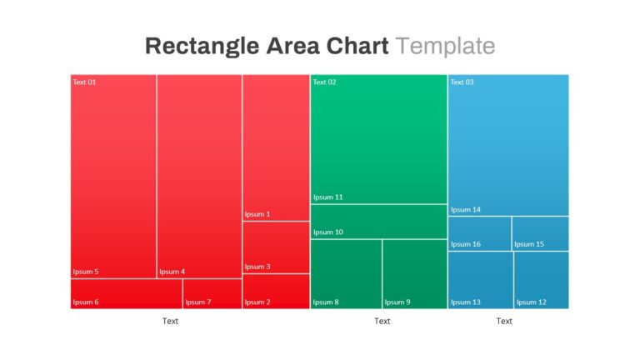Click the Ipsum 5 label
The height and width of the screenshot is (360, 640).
pos(86,272)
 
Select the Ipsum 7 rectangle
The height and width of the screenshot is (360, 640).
pos(212,294)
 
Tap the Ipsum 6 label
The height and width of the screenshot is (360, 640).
pos(86,302)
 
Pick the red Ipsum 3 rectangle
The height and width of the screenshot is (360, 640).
pos(276,247)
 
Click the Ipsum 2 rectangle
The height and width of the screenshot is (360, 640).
pos(276,292)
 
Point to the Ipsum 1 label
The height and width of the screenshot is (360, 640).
pos(257,214)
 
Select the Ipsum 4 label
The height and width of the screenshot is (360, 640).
pos(172,272)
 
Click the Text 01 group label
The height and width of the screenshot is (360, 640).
pos(84,82)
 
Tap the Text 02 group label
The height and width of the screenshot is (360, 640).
pos(324,82)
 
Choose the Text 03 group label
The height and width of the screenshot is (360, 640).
pos(462,82)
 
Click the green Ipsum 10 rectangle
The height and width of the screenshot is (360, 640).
pos(379,222)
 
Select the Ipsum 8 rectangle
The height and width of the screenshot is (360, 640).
pos(346,274)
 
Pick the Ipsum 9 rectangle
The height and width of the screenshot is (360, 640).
pos(415,274)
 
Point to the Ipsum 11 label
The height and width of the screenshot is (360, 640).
pos(328,197)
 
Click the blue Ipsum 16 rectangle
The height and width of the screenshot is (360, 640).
pos(480,233)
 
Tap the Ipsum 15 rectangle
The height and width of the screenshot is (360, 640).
pos(540,233)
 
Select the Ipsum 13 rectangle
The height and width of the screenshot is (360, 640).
pos(481,280)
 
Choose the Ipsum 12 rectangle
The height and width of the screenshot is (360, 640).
pos(542,280)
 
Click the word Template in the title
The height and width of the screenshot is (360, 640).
pos(445,46)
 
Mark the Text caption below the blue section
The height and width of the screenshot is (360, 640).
pos(504,321)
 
